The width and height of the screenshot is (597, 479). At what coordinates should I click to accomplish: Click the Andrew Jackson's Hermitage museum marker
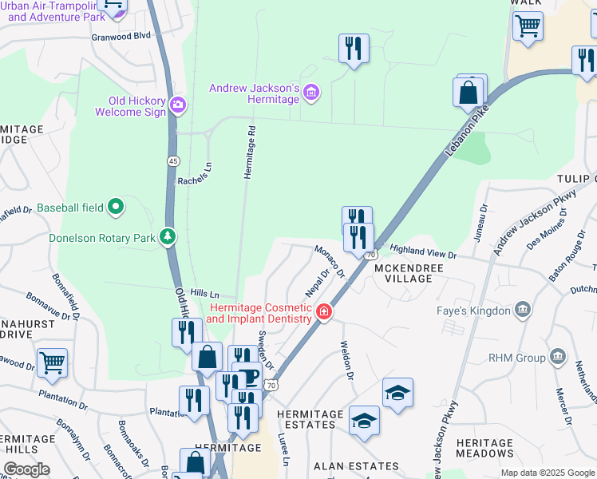point(311,95)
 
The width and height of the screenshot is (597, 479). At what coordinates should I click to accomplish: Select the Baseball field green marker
point(116,208)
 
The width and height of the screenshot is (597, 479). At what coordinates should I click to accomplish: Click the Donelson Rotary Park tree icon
point(168,237)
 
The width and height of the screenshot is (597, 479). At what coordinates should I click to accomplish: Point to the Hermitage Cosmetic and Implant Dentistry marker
point(324,311)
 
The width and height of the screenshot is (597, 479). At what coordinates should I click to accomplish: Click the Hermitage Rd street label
point(250,152)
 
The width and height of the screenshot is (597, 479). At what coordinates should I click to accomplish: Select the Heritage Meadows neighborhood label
point(485,448)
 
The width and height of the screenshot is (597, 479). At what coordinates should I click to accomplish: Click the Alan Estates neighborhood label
point(356,465)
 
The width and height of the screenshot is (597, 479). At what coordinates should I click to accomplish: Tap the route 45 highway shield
point(172,161)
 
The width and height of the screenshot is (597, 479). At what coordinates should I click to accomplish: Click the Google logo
point(26,469)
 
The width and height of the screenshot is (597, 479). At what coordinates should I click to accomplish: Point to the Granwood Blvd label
point(121,36)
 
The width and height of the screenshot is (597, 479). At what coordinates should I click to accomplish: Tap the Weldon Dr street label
point(347,359)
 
